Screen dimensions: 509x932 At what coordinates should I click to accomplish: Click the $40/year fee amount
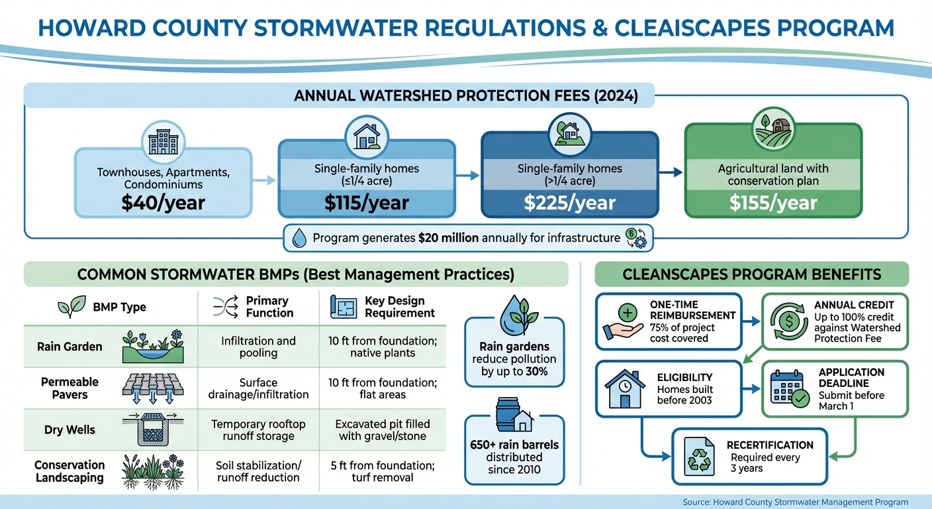[163, 203]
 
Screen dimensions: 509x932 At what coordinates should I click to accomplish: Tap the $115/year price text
[366, 203]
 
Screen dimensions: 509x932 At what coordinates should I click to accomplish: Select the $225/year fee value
[569, 203]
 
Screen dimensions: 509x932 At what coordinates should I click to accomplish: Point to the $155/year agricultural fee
[773, 203]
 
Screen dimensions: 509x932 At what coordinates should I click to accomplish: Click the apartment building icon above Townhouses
[163, 142]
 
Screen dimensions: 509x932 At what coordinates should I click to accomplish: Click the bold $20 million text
[448, 237]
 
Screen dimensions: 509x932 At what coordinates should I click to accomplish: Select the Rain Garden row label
[70, 347]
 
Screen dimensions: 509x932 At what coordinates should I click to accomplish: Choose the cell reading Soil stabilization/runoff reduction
[258, 471]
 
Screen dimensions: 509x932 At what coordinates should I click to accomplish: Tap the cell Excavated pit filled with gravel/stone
[383, 429]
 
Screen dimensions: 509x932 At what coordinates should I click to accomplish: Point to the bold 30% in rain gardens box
[537, 371]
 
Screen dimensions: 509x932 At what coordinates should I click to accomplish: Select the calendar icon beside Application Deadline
[787, 388]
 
